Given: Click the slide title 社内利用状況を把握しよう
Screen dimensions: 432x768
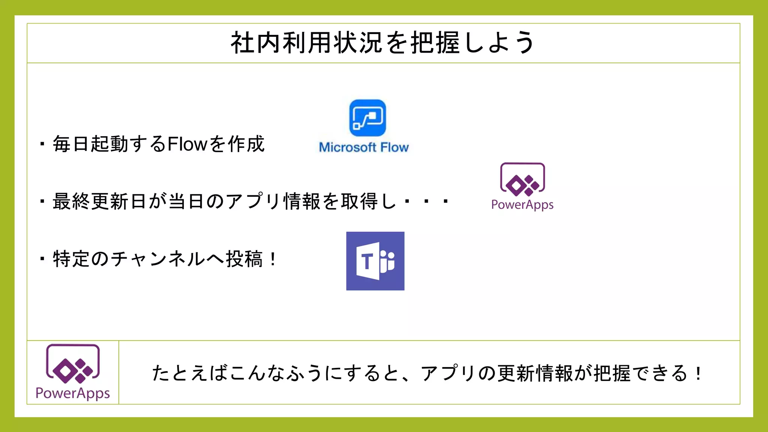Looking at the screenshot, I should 383,43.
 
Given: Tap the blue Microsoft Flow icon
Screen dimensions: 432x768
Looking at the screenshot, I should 367,118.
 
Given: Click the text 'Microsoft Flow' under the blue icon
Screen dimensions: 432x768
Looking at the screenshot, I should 363,147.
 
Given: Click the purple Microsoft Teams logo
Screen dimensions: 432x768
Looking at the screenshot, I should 375,261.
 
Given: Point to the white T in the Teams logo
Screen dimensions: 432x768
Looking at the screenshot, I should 367,261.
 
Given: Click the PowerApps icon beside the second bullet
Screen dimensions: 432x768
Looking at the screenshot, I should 522,180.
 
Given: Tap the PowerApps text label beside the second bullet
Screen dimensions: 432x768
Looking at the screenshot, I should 522,205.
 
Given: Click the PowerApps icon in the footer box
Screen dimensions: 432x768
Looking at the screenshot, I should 73,363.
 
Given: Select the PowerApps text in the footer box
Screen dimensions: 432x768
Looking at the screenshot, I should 73,393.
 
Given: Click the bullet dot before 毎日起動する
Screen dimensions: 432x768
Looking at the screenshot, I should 42,144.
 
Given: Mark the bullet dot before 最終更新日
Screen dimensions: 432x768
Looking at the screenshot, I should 42,201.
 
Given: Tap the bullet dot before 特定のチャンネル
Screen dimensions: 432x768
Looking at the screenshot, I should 42,259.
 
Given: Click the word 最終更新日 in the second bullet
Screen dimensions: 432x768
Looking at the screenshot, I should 99,201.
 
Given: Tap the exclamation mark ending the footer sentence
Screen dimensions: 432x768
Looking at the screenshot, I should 698,373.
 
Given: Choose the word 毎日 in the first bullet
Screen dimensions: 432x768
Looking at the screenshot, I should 71,144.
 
